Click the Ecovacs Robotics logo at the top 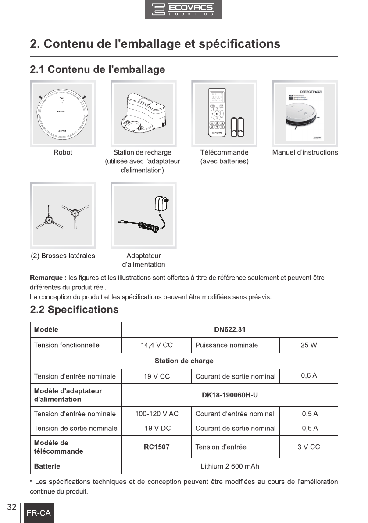pyautogui.click(x=183, y=10)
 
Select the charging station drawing pyautogui.click(x=143, y=113)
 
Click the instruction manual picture pyautogui.click(x=305, y=113)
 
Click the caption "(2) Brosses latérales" pyautogui.click(x=62, y=256)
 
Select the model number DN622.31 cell pyautogui.click(x=229, y=329)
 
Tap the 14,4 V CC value pyautogui.click(x=157, y=345)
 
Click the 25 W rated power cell pyautogui.click(x=308, y=345)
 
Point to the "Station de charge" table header pyautogui.click(x=184, y=361)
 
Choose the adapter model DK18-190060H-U pyautogui.click(x=229, y=395)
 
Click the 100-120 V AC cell pyautogui.click(x=157, y=414)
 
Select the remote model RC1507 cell pyautogui.click(x=157, y=447)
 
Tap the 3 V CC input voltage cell pyautogui.click(x=308, y=447)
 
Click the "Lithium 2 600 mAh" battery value pyautogui.click(x=229, y=466)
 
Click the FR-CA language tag pyautogui.click(x=39, y=513)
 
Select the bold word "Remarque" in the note pyautogui.click(x=47, y=278)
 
